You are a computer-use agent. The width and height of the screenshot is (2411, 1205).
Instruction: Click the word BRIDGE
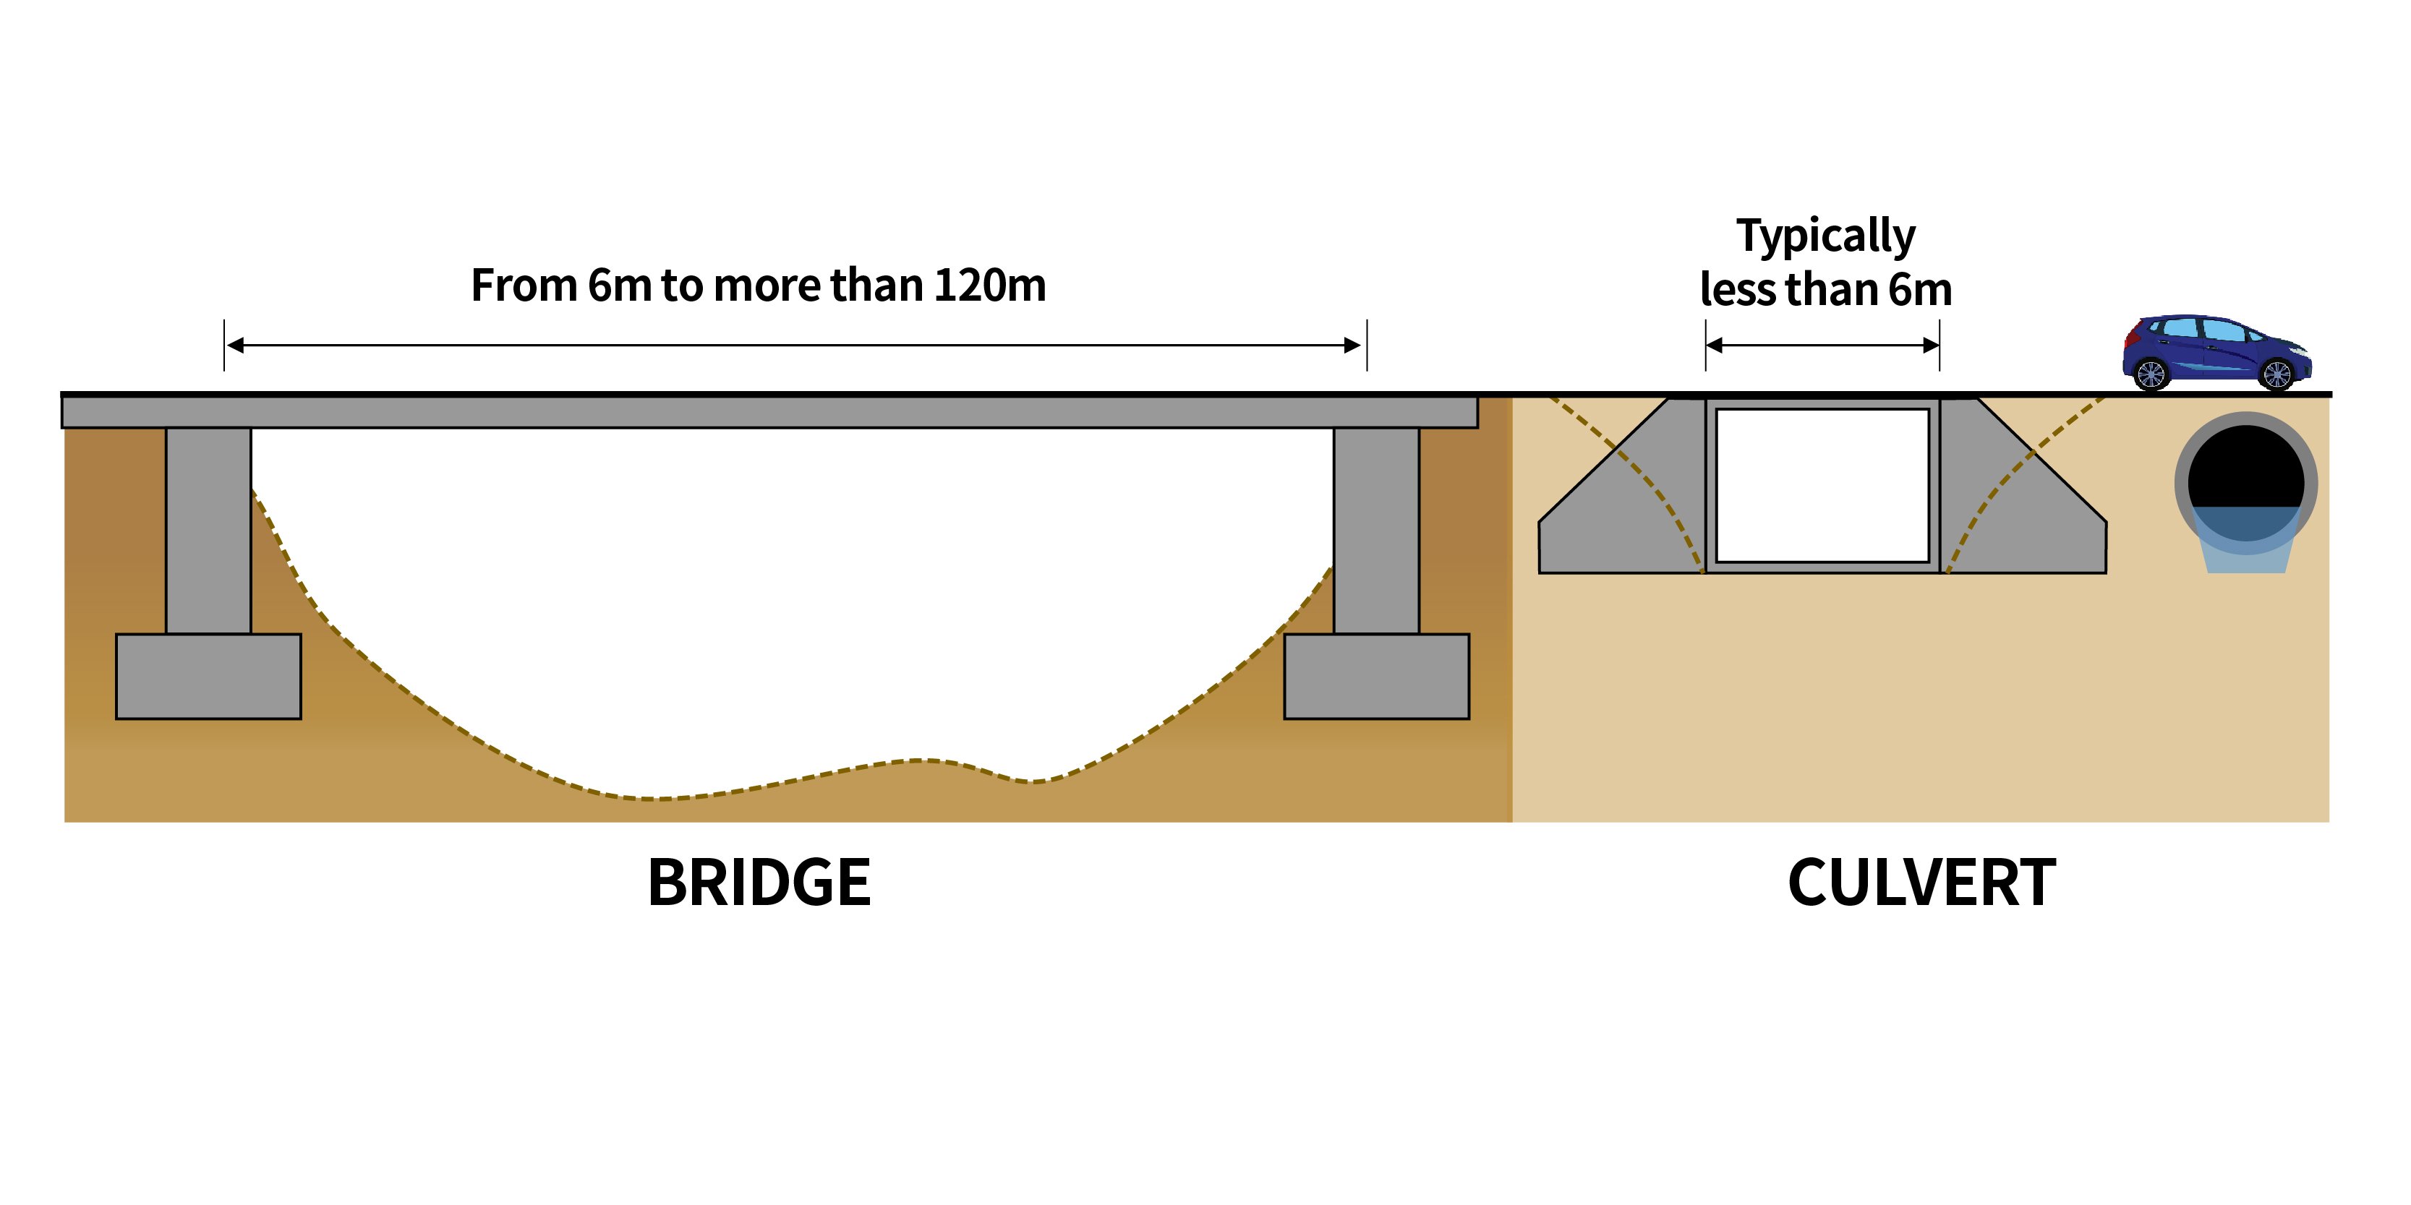pyautogui.click(x=759, y=882)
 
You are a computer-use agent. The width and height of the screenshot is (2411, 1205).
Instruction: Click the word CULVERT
pyautogui.click(x=1921, y=882)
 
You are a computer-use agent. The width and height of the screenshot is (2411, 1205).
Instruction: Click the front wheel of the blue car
pyautogui.click(x=2276, y=374)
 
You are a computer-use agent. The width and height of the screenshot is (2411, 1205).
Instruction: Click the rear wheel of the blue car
pyautogui.click(x=2150, y=374)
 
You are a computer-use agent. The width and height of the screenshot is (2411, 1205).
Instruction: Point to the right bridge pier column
pyautogui.click(x=1376, y=531)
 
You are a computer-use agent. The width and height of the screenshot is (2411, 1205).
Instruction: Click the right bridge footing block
pyautogui.click(x=1376, y=677)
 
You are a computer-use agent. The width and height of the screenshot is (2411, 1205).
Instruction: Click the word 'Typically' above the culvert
pyautogui.click(x=1825, y=236)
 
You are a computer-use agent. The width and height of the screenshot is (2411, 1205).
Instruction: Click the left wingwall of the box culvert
pyautogui.click(x=1629, y=515)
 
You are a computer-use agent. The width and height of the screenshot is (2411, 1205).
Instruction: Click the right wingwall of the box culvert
pyautogui.click(x=2022, y=515)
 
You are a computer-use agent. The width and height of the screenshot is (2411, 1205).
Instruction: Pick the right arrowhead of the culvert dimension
pyautogui.click(x=1931, y=346)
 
